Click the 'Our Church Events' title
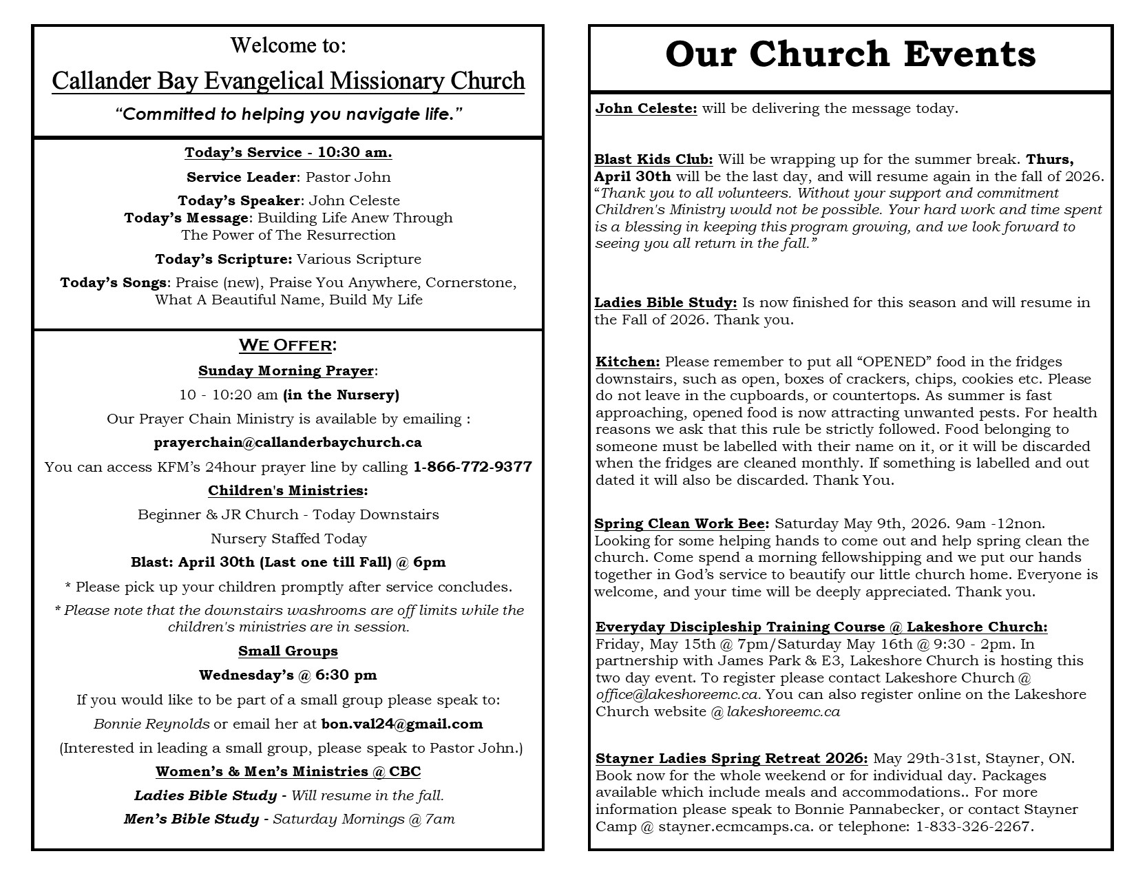click(x=850, y=55)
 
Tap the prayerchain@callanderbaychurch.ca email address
click(x=288, y=442)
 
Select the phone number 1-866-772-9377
click(x=472, y=467)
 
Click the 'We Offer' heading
click(x=288, y=345)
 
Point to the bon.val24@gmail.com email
click(x=402, y=724)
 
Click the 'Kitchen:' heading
click(x=628, y=362)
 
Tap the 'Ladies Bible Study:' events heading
click(x=666, y=302)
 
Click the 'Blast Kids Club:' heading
click(x=653, y=160)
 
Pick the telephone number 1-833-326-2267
click(x=974, y=827)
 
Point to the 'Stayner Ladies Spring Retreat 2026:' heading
click(x=731, y=759)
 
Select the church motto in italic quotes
click(x=288, y=114)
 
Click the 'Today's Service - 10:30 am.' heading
click(x=288, y=153)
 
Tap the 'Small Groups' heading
click(x=288, y=651)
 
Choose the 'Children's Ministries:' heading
click(x=288, y=491)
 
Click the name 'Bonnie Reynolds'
click(x=151, y=724)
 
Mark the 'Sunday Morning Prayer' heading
click(x=286, y=371)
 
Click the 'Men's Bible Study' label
click(x=191, y=819)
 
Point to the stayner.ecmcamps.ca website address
click(x=736, y=827)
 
